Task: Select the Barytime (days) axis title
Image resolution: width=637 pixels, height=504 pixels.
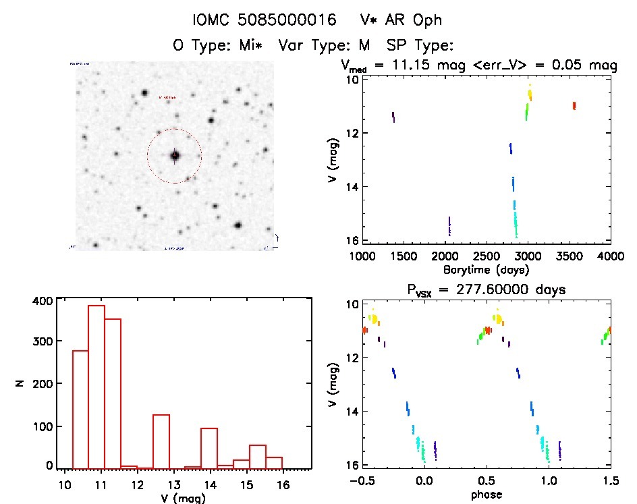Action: point(486,270)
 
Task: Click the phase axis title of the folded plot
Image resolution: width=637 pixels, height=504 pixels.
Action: point(486,495)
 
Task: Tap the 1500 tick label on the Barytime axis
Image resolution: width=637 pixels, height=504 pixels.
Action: point(403,256)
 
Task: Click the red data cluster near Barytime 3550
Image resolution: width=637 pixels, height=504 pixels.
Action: point(574,105)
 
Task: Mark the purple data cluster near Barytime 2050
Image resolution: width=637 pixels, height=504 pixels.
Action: point(449,226)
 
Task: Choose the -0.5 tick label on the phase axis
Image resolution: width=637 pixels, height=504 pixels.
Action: point(359,481)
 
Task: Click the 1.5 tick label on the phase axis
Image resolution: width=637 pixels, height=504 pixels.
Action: point(610,481)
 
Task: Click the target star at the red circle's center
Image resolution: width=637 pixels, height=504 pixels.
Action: point(175,156)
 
